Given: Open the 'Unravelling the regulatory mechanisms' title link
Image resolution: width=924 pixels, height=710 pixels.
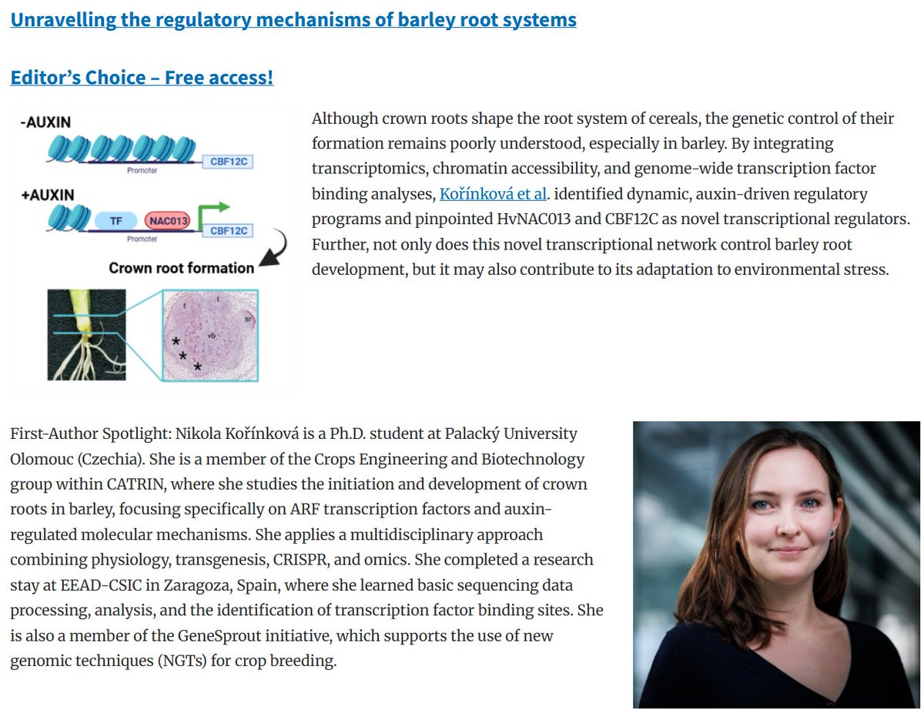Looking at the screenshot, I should [x=293, y=19].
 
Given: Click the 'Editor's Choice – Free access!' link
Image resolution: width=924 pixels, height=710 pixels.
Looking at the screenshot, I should [x=142, y=78].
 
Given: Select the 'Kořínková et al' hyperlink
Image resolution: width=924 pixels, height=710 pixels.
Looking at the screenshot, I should [x=493, y=193].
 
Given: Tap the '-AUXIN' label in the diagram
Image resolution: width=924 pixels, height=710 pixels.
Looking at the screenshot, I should [x=45, y=122].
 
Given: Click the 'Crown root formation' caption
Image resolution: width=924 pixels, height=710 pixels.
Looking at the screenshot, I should [x=182, y=268].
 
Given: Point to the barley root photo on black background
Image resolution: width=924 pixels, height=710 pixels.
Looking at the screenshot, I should [x=86, y=335].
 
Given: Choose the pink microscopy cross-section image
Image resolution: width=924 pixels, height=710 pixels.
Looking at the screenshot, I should [x=210, y=335].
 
